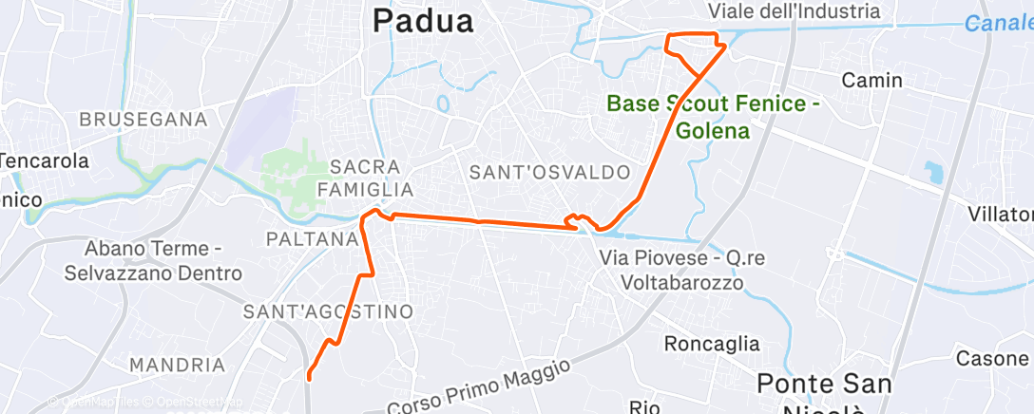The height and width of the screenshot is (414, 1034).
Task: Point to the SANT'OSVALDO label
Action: (x=550, y=173)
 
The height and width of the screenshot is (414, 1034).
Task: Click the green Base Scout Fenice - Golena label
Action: (x=714, y=116)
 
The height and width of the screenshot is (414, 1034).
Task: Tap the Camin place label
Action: (x=871, y=81)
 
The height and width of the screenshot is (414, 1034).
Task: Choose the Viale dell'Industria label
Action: (x=795, y=11)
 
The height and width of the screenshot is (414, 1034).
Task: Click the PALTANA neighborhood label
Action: (x=312, y=238)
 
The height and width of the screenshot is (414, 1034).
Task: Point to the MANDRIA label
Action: (x=177, y=365)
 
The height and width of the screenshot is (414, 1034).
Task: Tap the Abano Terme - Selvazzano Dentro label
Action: (x=153, y=261)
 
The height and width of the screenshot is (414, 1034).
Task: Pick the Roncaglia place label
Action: (x=712, y=343)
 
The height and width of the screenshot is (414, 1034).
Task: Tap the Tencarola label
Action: (x=44, y=160)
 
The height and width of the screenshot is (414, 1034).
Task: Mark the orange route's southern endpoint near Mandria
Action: (x=309, y=379)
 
